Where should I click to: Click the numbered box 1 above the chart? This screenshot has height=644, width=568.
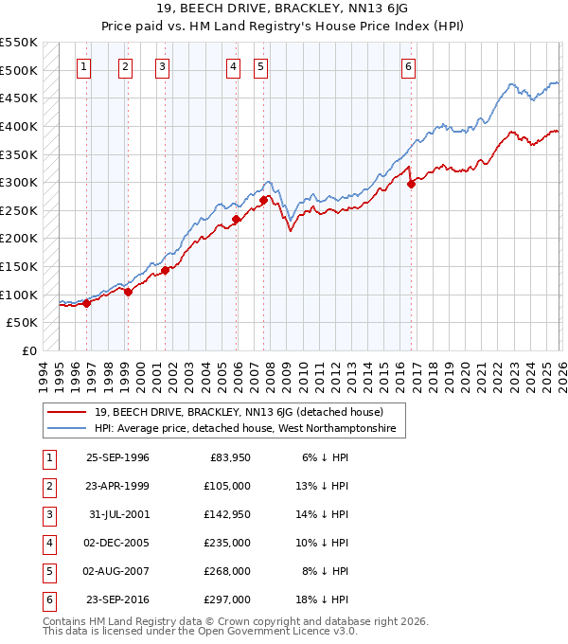[85, 66]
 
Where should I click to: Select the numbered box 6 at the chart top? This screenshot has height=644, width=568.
[408, 66]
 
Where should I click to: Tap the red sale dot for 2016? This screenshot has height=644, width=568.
[411, 185]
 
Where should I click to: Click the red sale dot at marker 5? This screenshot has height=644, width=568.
[263, 200]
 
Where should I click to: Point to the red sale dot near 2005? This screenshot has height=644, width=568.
[236, 219]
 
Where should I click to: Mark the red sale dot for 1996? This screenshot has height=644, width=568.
[86, 303]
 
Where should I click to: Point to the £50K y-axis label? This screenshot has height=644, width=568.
[23, 323]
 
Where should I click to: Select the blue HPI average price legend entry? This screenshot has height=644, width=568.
[246, 429]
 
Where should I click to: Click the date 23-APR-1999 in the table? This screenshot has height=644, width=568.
[117, 486]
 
